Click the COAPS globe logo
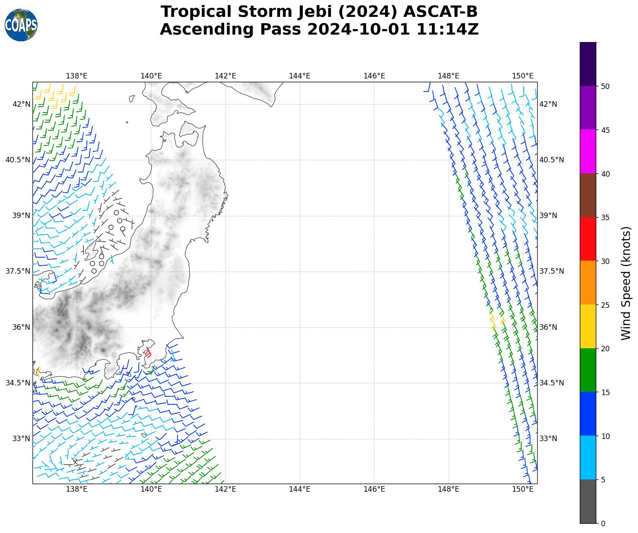click(21, 25)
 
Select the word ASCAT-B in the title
click(440, 12)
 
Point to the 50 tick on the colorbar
click(606, 86)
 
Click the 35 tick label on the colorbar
click(606, 218)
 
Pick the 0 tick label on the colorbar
click(603, 524)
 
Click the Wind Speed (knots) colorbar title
click(627, 283)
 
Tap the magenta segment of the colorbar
click(588, 151)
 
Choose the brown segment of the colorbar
click(588, 195)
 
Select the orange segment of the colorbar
click(588, 283)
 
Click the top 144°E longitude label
click(299, 76)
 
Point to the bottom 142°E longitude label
click(225, 489)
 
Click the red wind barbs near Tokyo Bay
click(148, 352)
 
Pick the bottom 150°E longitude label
click(522, 489)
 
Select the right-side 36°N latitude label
click(548, 327)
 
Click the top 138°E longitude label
click(77, 76)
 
